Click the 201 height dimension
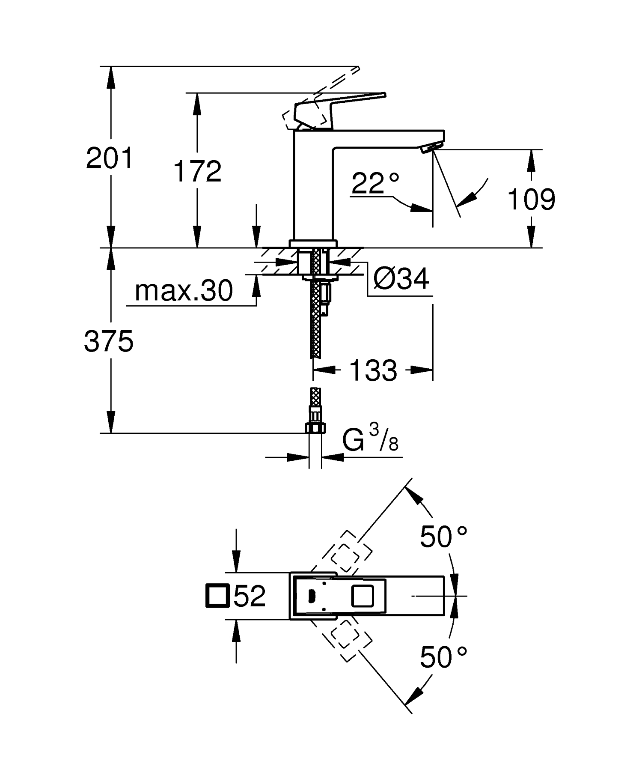(110, 158)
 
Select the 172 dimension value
(197, 171)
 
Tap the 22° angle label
(375, 183)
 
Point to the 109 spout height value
(531, 200)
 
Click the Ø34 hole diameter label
(401, 279)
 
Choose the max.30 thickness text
(184, 291)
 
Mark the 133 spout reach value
(373, 370)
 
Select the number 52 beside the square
(250, 596)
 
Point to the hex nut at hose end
(316, 427)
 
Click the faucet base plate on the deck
(313, 243)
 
